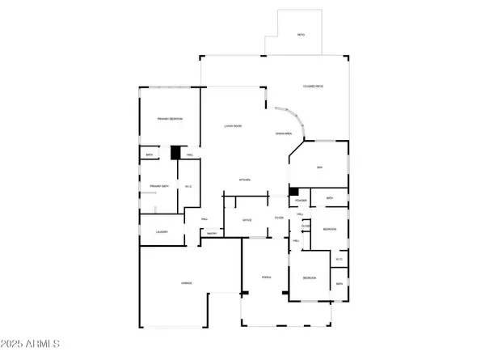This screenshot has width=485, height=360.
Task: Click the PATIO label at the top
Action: coord(300,35)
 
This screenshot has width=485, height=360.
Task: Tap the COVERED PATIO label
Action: coord(313,86)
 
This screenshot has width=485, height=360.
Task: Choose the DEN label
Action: coord(319,167)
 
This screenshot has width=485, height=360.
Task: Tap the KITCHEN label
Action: coord(244,179)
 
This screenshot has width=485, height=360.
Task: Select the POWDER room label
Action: coord(301,200)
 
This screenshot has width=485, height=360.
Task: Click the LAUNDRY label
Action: coord(162,232)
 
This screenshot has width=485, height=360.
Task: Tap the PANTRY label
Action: coord(212,233)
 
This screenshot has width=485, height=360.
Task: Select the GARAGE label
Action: coord(186,283)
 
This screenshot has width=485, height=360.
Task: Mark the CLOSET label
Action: coord(306,226)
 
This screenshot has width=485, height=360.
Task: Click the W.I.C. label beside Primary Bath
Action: coord(188,187)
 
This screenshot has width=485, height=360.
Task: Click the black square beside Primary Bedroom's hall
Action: coord(175,152)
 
